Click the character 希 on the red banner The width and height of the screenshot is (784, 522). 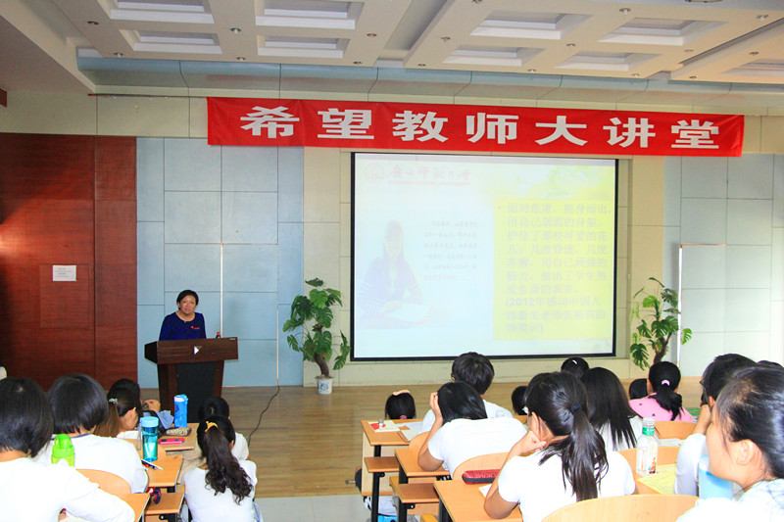click(269, 124)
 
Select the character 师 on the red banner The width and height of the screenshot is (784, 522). click(490, 128)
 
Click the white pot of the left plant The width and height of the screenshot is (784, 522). click(324, 384)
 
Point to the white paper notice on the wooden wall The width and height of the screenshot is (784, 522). click(64, 272)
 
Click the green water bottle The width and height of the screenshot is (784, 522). click(63, 450)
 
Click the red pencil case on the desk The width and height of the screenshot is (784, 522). click(480, 476)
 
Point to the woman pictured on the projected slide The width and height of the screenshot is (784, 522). click(391, 275)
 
